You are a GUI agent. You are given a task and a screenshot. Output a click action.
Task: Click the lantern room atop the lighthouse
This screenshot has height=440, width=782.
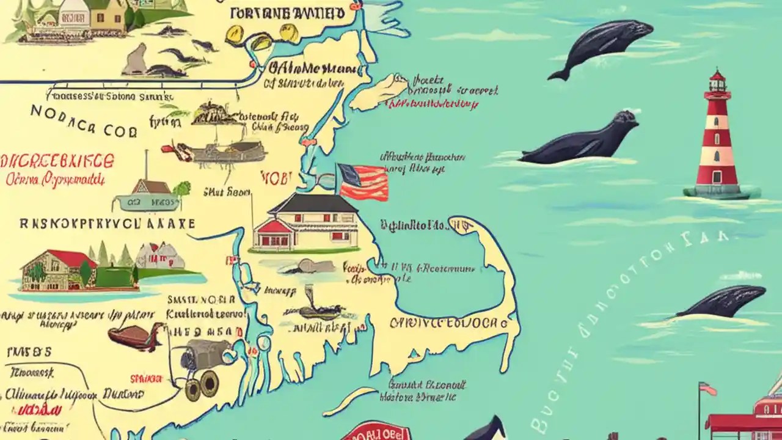[x=717, y=82]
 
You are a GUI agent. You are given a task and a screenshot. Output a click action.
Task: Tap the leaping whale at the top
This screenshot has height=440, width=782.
[x=602, y=45]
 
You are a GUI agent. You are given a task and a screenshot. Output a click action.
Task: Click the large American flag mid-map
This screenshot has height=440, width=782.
[x=364, y=182]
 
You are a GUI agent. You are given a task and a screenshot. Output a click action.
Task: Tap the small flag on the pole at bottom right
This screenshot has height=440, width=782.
[x=708, y=389]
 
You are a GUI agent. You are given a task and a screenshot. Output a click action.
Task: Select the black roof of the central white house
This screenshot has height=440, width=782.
[x=313, y=204]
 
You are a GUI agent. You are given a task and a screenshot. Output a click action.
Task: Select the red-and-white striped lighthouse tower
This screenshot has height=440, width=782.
[x=717, y=141]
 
